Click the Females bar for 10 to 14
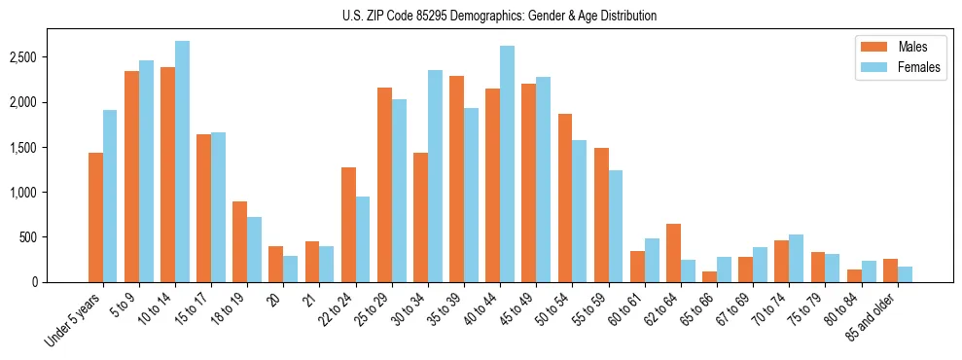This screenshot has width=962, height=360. click(x=183, y=162)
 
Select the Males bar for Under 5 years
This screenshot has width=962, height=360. click(x=95, y=217)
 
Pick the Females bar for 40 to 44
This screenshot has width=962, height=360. click(x=507, y=163)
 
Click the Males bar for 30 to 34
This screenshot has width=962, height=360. click(x=420, y=217)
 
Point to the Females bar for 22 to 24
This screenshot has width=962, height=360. click(x=363, y=239)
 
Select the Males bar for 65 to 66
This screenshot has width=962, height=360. click(x=709, y=276)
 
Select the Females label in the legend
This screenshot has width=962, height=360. click(x=920, y=67)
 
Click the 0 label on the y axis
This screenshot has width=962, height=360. click(x=59, y=282)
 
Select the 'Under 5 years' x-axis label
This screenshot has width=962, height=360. click(x=75, y=319)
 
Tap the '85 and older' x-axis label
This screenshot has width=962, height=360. click(x=873, y=316)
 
